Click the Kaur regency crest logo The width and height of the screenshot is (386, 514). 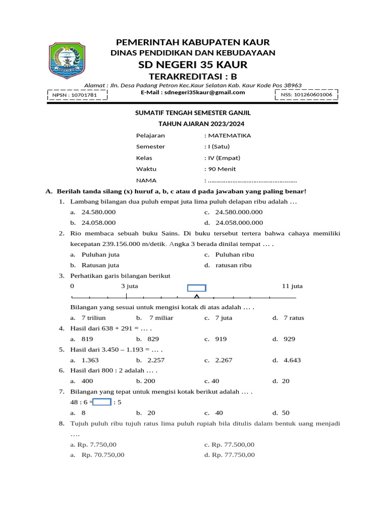tap(70, 60)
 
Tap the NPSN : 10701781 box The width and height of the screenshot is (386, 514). tap(77, 94)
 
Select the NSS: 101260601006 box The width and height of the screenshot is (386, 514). tap(306, 94)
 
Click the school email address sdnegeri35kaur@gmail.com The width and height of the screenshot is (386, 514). tap(192, 92)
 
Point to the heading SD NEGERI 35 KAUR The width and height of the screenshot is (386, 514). tap(192, 65)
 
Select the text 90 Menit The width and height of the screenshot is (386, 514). tap(222, 169)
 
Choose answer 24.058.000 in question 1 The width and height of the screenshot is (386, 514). tap(99, 223)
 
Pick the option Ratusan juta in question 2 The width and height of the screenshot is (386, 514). tap(101, 265)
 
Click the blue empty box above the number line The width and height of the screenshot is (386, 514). tap(197, 288)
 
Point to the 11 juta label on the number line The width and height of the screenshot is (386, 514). tap(292, 286)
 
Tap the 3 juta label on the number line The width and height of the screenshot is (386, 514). tap(129, 286)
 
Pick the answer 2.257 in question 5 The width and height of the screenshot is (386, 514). tap(156, 360)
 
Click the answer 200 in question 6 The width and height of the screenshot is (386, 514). tap(149, 381)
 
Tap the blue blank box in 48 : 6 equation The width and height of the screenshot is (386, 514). tap(102, 402)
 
